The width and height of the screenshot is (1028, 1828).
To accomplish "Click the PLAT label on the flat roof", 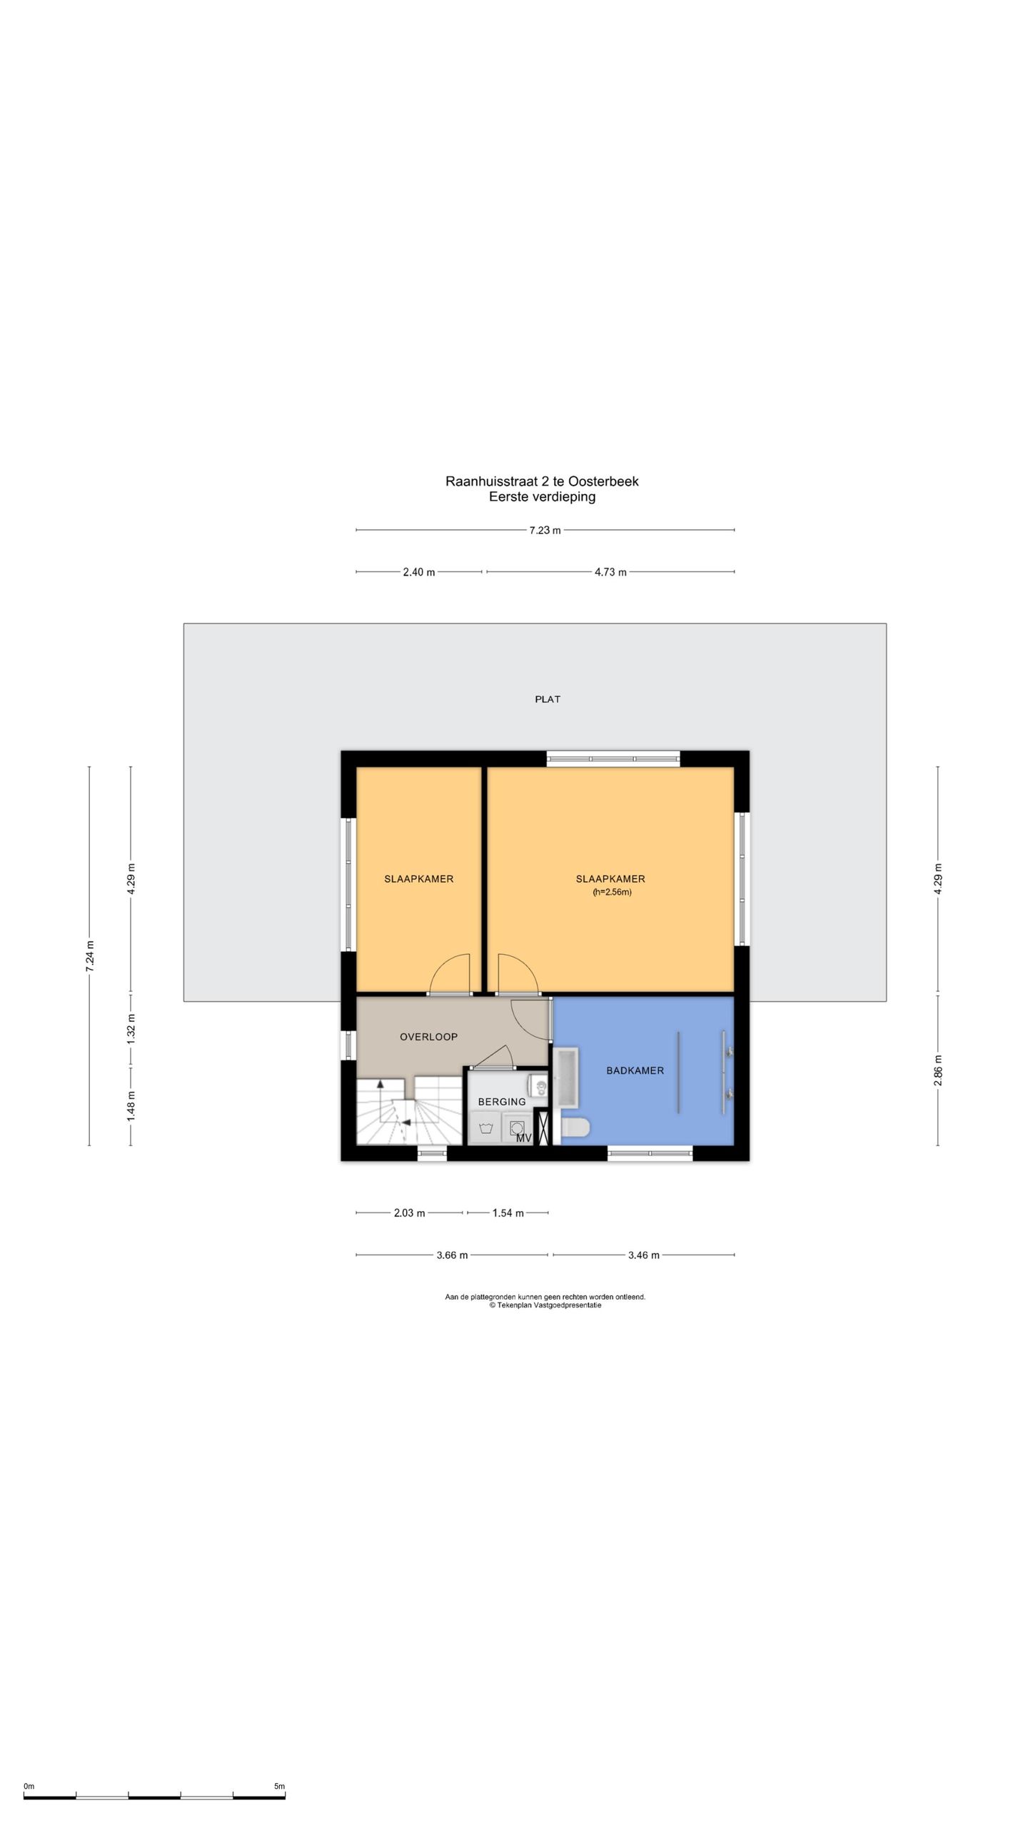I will [x=548, y=699].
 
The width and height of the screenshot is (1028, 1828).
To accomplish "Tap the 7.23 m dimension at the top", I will [x=545, y=530].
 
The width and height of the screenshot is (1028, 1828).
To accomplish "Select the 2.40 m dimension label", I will [x=418, y=572].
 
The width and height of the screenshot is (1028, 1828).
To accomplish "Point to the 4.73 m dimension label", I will [x=610, y=572].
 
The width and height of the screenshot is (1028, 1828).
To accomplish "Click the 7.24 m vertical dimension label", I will [x=90, y=956].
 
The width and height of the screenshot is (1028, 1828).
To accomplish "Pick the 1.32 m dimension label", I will [x=131, y=1030].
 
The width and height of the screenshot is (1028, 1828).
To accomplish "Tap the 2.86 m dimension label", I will [x=938, y=1070].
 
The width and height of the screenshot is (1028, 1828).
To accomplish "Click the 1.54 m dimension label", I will [x=508, y=1212].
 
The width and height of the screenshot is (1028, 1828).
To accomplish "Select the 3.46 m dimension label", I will [x=643, y=1255].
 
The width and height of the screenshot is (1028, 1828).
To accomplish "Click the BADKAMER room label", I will [x=635, y=1070].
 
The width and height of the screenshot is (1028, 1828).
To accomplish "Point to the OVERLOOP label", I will [x=428, y=1037].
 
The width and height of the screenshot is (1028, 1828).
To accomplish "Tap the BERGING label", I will [x=502, y=1102].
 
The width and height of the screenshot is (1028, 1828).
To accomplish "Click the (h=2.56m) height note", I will [x=612, y=892].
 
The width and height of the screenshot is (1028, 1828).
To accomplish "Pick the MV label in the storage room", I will [x=524, y=1138].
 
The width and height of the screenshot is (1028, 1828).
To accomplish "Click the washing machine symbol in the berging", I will [x=486, y=1130].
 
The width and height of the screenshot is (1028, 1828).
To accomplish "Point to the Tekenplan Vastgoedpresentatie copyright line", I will [x=545, y=1305].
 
